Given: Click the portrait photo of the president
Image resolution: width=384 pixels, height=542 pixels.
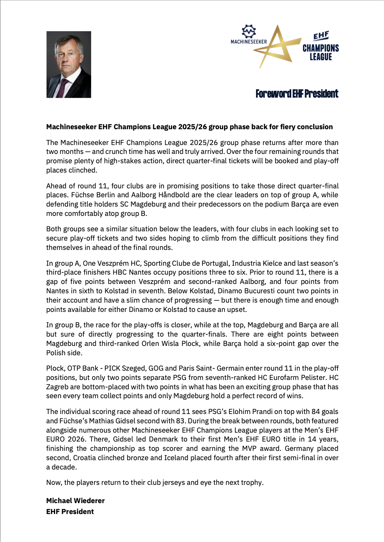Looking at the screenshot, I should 68,64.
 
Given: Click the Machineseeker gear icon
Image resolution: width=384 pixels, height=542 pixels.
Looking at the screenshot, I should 249,31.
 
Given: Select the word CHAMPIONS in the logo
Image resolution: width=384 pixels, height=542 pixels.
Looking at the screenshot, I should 320,48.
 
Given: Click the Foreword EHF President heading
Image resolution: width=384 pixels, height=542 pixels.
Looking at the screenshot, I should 297,94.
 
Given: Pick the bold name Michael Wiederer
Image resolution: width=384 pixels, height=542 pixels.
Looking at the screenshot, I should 75,501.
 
